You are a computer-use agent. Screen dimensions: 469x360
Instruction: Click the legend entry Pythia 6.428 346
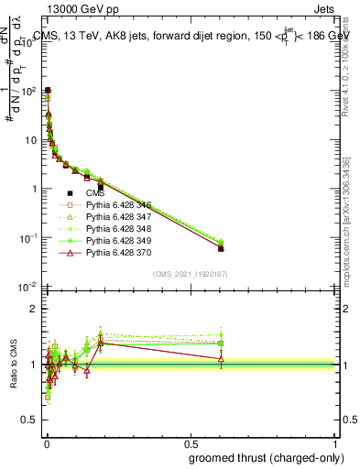click(x=116, y=206)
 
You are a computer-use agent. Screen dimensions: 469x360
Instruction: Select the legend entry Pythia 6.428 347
click(x=116, y=218)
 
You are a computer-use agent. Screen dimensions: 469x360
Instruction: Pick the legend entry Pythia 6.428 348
click(x=116, y=230)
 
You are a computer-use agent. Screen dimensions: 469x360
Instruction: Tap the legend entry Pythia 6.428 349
click(x=116, y=242)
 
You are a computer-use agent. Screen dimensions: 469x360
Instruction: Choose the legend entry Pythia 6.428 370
click(x=116, y=254)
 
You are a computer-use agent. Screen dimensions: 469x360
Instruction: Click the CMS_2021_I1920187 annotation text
click(x=191, y=274)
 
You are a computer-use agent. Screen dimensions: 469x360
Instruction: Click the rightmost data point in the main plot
click(x=221, y=247)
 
